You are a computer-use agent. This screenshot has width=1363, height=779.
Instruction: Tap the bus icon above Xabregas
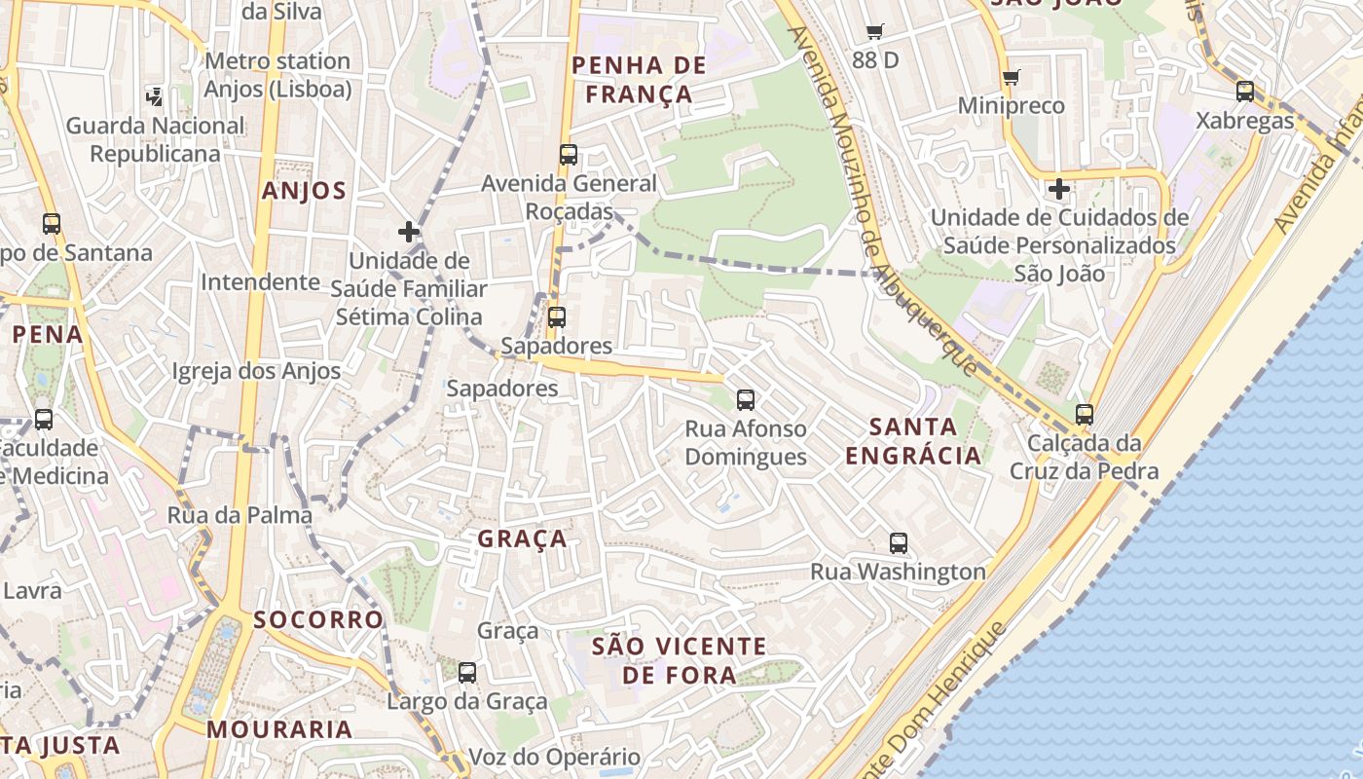pyautogui.click(x=1244, y=92)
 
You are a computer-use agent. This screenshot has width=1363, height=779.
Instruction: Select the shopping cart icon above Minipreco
pyautogui.click(x=1011, y=77)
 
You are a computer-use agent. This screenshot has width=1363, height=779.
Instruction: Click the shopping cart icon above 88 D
pyautogui.click(x=874, y=32)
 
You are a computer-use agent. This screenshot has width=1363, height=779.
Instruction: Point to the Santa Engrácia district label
pyautogui.click(x=913, y=441)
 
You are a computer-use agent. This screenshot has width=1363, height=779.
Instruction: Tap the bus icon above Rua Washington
pyautogui.click(x=898, y=543)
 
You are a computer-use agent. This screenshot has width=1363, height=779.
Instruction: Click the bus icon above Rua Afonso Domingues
pyautogui.click(x=745, y=399)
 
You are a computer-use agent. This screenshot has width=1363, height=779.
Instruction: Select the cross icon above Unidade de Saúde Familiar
pyautogui.click(x=408, y=232)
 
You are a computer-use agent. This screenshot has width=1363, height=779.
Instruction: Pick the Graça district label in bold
pyautogui.click(x=522, y=539)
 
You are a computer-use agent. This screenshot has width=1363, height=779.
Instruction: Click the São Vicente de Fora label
pyautogui.click(x=680, y=660)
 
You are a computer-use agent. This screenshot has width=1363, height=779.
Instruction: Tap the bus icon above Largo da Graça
pyautogui.click(x=467, y=672)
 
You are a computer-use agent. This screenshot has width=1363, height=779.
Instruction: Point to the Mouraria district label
pyautogui.click(x=279, y=729)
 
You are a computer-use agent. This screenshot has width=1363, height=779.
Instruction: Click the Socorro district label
pyautogui.click(x=318, y=620)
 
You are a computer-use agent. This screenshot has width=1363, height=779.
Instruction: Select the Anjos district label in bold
pyautogui.click(x=304, y=191)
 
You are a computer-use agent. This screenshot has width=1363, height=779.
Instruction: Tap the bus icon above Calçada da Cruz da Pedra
pyautogui.click(x=1084, y=415)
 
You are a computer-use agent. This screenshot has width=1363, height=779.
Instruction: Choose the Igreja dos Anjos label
pyautogui.click(x=256, y=371)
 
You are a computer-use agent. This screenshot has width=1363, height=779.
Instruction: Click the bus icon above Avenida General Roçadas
pyautogui.click(x=569, y=155)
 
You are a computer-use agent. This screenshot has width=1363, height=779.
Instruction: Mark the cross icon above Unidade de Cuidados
pyautogui.click(x=1059, y=188)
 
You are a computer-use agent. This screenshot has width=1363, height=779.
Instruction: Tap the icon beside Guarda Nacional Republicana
pyautogui.click(x=155, y=95)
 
